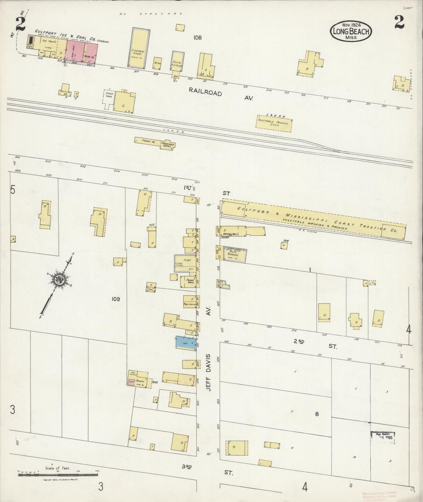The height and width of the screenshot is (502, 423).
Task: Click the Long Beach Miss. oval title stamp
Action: (351, 31)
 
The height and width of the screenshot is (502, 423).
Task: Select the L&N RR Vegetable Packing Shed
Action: (274, 123)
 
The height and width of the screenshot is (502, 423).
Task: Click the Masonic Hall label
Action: (231, 234)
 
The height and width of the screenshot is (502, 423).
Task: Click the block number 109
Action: (116, 299)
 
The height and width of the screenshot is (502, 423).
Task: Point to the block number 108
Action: (197, 38)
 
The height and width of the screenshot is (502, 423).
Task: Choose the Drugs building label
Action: (187, 260)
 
